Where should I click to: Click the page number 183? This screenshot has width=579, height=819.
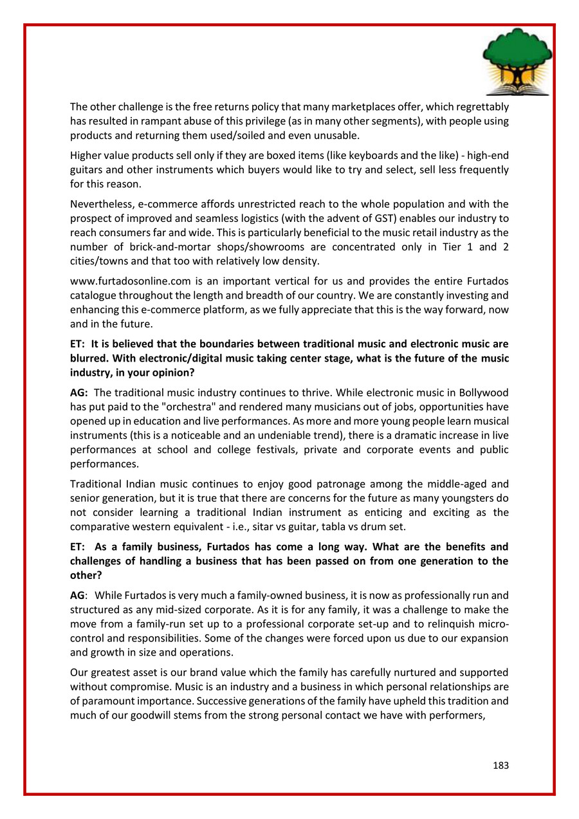(501, 766)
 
